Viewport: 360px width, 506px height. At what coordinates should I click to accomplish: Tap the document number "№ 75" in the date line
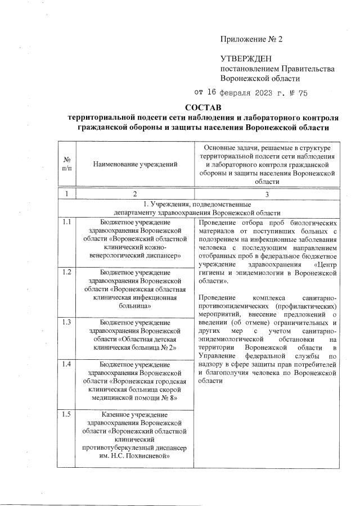click(x=298, y=93)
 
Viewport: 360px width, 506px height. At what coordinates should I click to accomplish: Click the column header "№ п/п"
click(x=67, y=164)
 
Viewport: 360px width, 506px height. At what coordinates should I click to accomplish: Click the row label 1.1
click(x=67, y=222)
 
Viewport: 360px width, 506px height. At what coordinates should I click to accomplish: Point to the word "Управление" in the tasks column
click(x=220, y=356)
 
